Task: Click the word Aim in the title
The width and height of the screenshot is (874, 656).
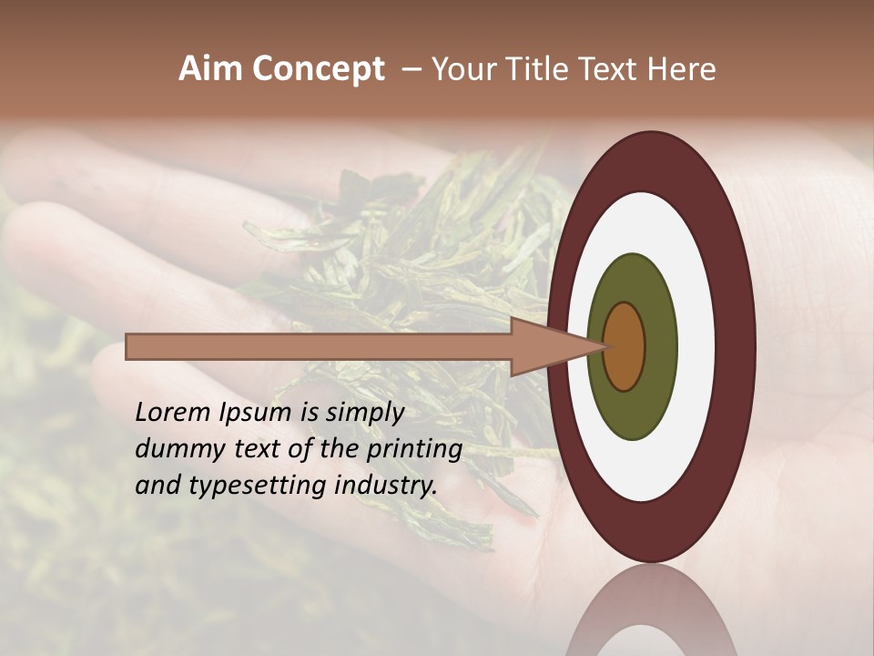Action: (211, 69)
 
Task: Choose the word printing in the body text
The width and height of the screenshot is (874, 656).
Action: (413, 449)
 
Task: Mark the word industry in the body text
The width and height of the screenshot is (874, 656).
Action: (386, 486)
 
